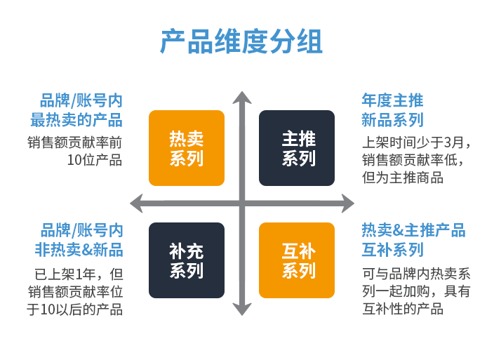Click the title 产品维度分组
(241, 42)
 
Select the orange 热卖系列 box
(186, 148)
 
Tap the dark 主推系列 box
(297, 148)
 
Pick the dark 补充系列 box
(186, 260)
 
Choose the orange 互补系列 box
(297, 260)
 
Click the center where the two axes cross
(242, 204)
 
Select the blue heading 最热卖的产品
(76, 119)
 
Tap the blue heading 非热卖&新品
(79, 250)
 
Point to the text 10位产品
(94, 160)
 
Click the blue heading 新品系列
(392, 119)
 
